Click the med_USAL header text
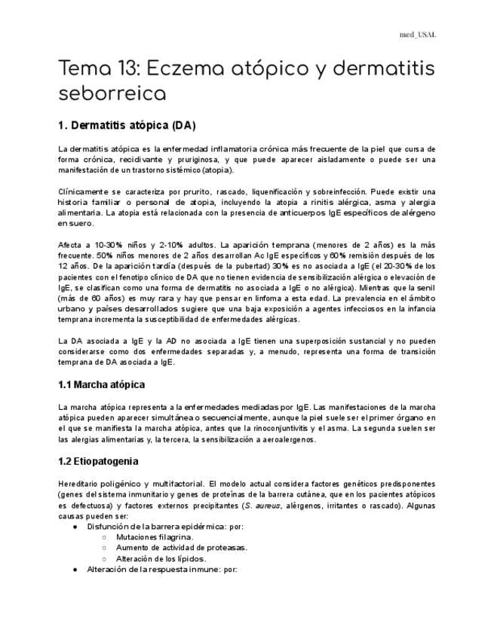(x=418, y=35)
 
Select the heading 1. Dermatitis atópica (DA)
(x=127, y=124)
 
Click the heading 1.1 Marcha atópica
(x=101, y=385)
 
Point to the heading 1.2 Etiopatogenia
(x=98, y=461)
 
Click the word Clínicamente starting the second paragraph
(x=83, y=192)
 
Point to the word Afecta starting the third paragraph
(x=70, y=246)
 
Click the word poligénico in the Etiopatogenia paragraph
(x=132, y=482)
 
